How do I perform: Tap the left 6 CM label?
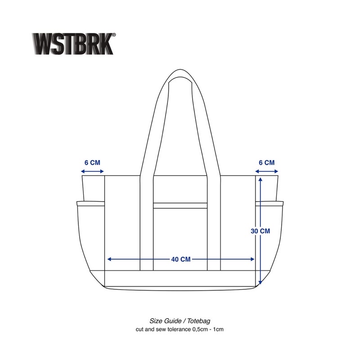(92, 162)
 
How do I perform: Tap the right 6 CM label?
(266, 162)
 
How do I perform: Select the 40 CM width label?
(180, 259)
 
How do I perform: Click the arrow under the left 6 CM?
(92, 171)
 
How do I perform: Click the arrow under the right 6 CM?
(266, 171)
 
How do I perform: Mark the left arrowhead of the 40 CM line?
(109, 259)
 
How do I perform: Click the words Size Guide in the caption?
(165, 321)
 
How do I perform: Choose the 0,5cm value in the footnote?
(200, 329)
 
